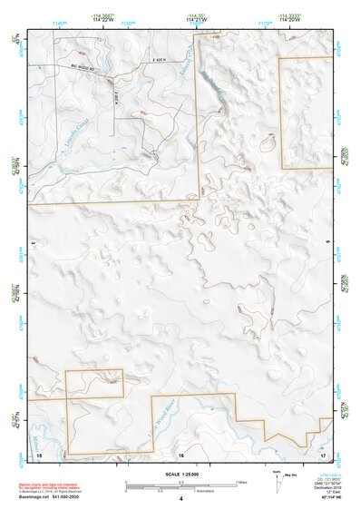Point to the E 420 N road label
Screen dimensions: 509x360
pyautogui.click(x=161, y=60)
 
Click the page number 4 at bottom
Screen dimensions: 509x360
pyautogui.click(x=181, y=499)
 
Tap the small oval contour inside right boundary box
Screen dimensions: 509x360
pyautogui.click(x=267, y=143)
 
